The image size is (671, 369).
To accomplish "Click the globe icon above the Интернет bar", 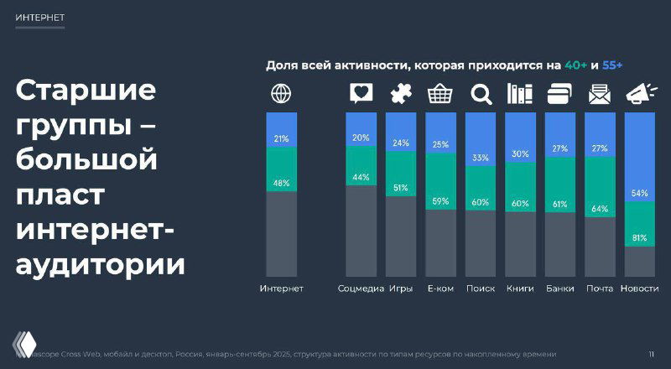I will click(281, 93).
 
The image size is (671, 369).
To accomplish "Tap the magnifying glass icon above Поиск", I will click(480, 94).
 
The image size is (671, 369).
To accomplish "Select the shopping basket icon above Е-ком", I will click(440, 93).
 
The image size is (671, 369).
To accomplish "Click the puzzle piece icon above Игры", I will click(400, 94).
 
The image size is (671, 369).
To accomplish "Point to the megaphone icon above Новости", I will click(639, 93).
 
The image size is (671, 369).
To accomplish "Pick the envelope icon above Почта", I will click(599, 94).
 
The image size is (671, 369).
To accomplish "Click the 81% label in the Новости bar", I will click(639, 238).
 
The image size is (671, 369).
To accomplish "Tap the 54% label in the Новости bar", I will click(639, 194).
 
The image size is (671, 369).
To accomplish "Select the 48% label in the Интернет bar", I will click(281, 183).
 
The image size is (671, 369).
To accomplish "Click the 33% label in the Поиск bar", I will click(480, 158).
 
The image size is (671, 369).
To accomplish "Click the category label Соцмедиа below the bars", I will click(361, 289).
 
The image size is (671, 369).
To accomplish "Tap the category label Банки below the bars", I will click(559, 289).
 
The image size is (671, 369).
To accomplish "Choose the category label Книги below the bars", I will click(520, 289).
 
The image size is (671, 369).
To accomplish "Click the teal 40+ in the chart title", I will click(576, 65).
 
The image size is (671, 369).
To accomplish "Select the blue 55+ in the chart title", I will click(612, 65).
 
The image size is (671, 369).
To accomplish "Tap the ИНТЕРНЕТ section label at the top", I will click(39, 18).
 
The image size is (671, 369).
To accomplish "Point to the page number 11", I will click(652, 353).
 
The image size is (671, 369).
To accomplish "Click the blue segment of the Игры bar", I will click(400, 132).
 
